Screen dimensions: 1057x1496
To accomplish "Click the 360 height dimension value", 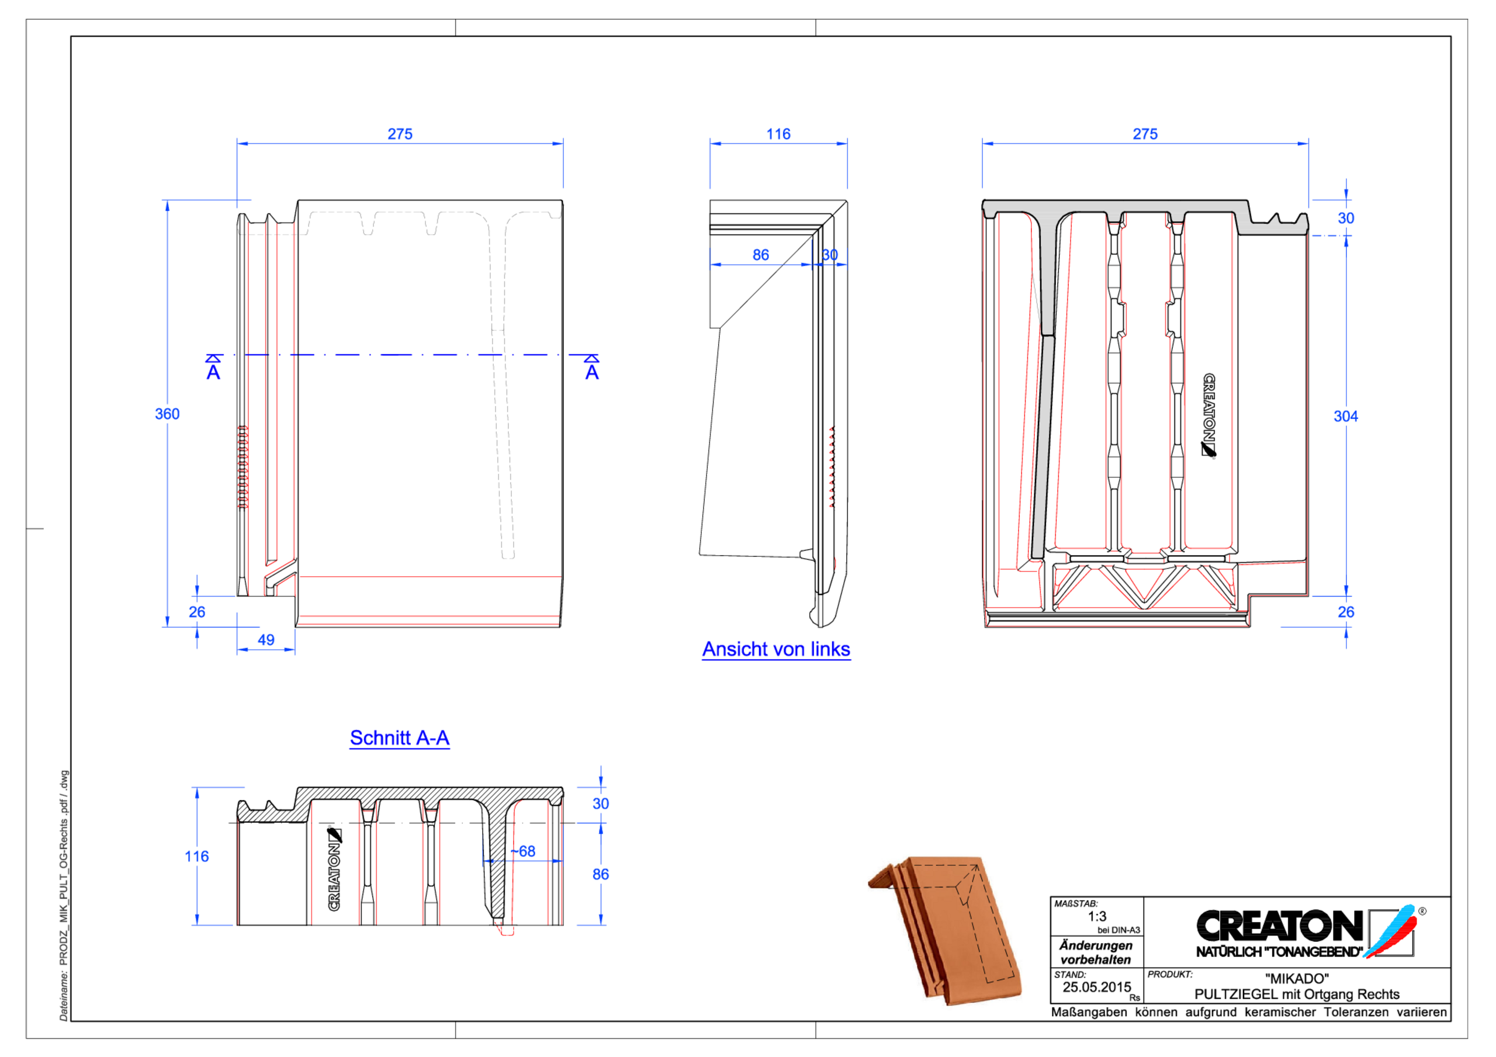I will [167, 414].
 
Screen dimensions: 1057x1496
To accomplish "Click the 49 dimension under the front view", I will [266, 640].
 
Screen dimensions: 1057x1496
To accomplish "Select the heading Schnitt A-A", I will [399, 738].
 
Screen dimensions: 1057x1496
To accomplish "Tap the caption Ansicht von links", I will [775, 649].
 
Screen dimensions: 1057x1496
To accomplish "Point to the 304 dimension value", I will [1345, 416].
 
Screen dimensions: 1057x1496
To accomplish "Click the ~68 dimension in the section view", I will [522, 851].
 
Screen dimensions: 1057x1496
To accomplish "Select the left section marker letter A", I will [213, 372].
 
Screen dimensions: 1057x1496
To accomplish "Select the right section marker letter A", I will [591, 372].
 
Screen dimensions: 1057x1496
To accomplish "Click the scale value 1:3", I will [1097, 916].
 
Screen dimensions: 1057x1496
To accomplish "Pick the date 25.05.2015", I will [1097, 987].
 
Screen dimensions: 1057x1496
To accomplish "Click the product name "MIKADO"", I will [1297, 978].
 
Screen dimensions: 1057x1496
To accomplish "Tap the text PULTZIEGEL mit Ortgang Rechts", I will [1297, 994].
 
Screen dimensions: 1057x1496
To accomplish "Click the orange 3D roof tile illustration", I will [945, 928].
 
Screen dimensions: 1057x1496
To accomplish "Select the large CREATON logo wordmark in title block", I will [1279, 926].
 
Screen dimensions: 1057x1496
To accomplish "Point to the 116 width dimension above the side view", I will [778, 134].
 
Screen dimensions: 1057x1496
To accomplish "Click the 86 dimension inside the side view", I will [760, 255].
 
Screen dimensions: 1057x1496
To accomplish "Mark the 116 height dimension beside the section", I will [196, 856].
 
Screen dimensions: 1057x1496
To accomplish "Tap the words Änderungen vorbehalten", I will [1096, 952].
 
